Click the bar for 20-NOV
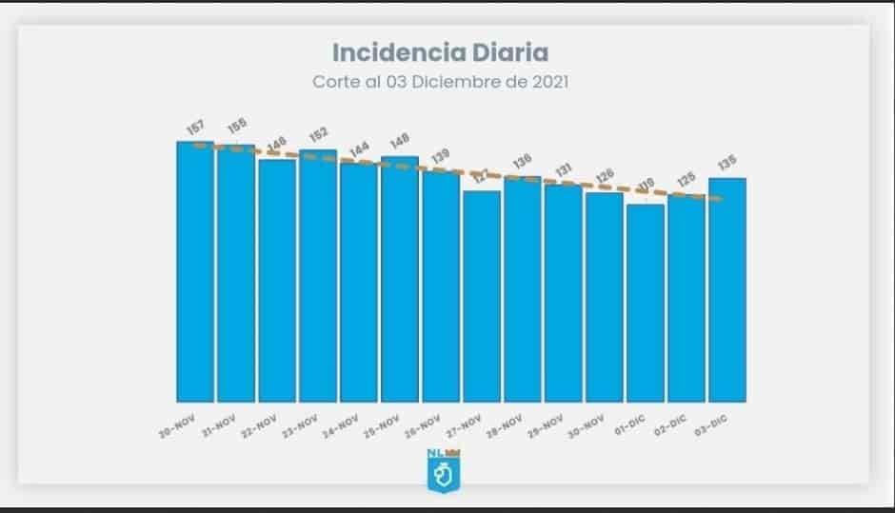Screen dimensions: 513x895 [x=195, y=271]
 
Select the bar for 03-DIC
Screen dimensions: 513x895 [x=727, y=289]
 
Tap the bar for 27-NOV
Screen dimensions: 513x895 [x=482, y=296]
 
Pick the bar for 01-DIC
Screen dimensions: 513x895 [x=646, y=303]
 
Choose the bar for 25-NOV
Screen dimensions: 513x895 [x=400, y=279]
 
